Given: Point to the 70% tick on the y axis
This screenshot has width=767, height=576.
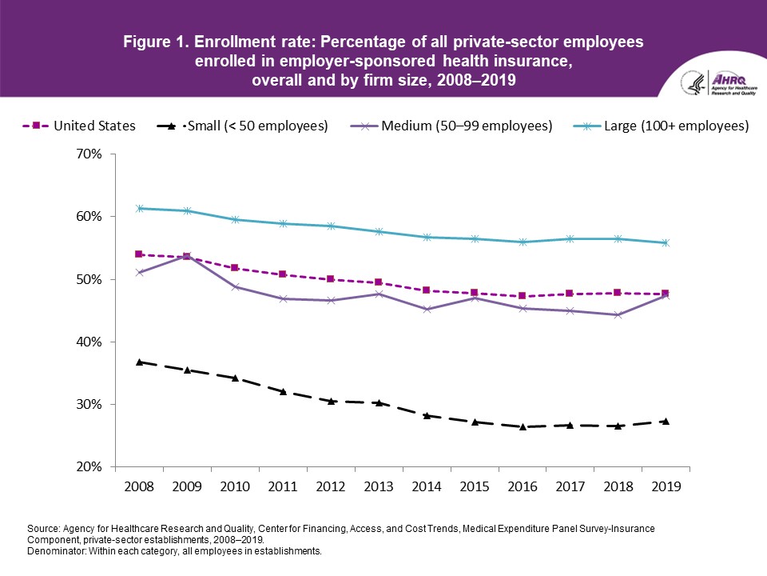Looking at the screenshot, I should [x=90, y=154].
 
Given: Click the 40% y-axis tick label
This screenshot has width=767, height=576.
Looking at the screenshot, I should [x=90, y=342].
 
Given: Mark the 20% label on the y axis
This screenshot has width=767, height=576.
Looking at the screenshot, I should [x=90, y=467].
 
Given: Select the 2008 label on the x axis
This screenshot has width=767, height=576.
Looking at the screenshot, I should [x=139, y=486].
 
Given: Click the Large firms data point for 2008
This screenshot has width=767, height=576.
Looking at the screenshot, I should [x=139, y=209].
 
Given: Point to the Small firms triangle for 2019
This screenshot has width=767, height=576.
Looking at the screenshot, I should [x=665, y=421].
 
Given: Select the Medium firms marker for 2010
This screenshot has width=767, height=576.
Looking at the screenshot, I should [x=235, y=286].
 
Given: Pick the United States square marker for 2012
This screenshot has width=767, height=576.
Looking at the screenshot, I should [x=330, y=279].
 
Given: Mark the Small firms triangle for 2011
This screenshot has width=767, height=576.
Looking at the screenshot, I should [x=282, y=391].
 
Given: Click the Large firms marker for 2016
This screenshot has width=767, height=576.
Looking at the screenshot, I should [x=522, y=242].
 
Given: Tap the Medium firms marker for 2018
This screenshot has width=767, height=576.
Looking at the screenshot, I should [x=617, y=315].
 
